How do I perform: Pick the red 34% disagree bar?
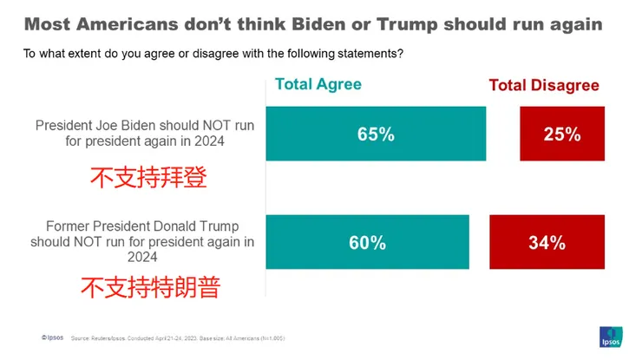coord(546,242)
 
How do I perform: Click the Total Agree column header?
coord(318,84)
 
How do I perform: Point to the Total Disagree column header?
coord(544,85)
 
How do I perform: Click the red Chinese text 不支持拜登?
coord(149,178)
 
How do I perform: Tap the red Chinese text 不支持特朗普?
coord(149,286)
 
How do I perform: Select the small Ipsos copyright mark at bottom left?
coord(52,337)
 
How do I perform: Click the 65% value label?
coord(375,134)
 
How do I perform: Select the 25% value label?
coord(561,134)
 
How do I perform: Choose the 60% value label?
coord(366,242)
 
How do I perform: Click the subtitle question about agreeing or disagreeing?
coord(213,54)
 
